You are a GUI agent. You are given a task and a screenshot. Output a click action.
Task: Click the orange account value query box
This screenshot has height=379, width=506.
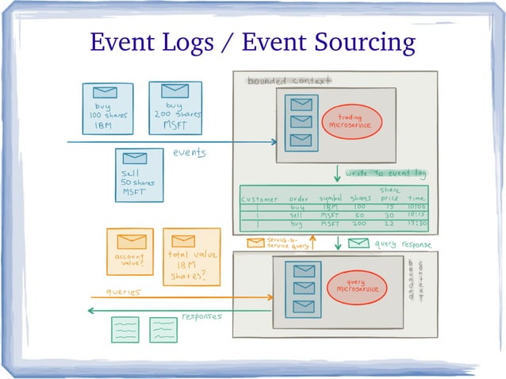click(130, 251)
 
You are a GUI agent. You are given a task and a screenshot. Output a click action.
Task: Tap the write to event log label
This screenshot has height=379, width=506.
click(387, 173)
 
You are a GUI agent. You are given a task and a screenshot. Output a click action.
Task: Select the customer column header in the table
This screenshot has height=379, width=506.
click(259, 197)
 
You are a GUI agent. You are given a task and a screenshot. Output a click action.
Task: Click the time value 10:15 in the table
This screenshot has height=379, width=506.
click(416, 215)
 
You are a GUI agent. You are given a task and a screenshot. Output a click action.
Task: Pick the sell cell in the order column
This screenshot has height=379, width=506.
click(297, 215)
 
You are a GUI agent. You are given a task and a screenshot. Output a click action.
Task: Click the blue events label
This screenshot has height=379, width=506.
click(190, 153)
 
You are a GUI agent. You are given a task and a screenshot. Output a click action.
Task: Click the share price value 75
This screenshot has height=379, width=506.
click(390, 206)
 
